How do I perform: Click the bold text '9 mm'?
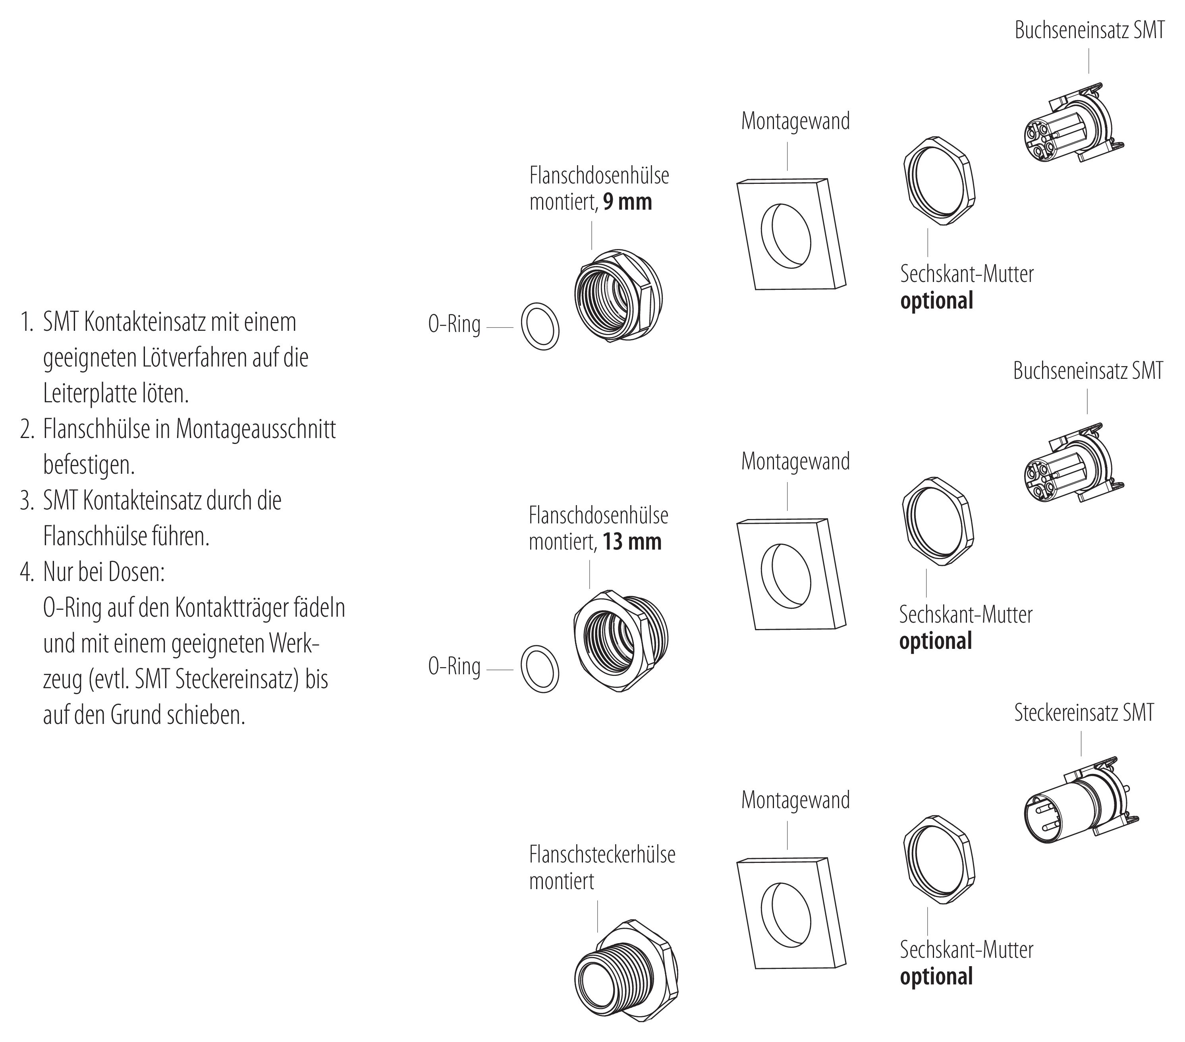pyautogui.click(x=627, y=203)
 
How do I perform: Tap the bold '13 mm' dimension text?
pyautogui.click(x=631, y=542)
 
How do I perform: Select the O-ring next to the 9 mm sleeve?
pyautogui.click(x=540, y=326)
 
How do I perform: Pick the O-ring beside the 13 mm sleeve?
pyautogui.click(x=540, y=669)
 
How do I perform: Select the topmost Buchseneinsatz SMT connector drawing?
pyautogui.click(x=1073, y=125)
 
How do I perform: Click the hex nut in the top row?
pyautogui.click(x=939, y=181)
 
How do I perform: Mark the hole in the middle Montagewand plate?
pyautogui.click(x=786, y=575)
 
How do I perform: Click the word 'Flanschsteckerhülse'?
pyautogui.click(x=602, y=855)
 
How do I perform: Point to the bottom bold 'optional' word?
pyautogui.click(x=936, y=976)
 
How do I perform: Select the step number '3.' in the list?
pyautogui.click(x=27, y=501)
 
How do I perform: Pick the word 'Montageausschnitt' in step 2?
pyautogui.click(x=256, y=430)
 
